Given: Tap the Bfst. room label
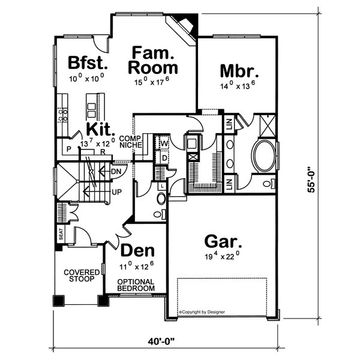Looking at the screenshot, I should click(87, 62).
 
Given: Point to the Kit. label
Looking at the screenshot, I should click(98, 130).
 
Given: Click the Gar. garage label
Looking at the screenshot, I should click(223, 242).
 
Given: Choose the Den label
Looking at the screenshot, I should click(138, 250).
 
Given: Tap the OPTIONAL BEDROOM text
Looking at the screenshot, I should click(136, 285).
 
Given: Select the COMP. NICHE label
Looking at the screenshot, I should click(130, 141).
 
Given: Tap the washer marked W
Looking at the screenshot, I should click(164, 144).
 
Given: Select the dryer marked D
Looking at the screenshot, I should click(164, 157).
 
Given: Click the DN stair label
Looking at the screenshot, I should click(117, 172).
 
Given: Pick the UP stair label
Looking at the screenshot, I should click(118, 193).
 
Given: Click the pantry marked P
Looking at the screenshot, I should click(69, 148).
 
